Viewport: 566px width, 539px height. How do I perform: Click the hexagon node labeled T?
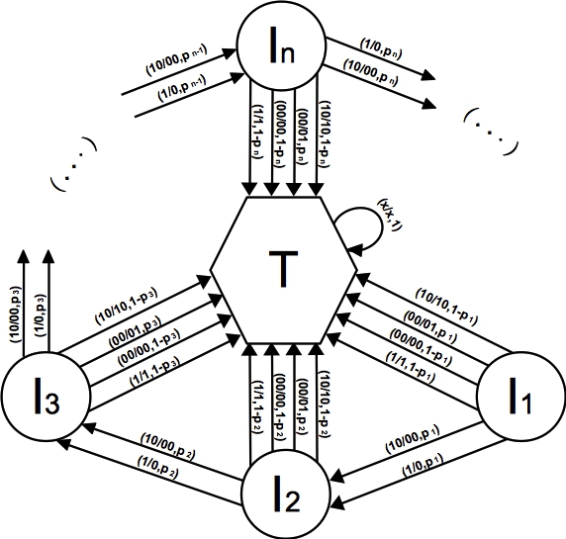283,269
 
